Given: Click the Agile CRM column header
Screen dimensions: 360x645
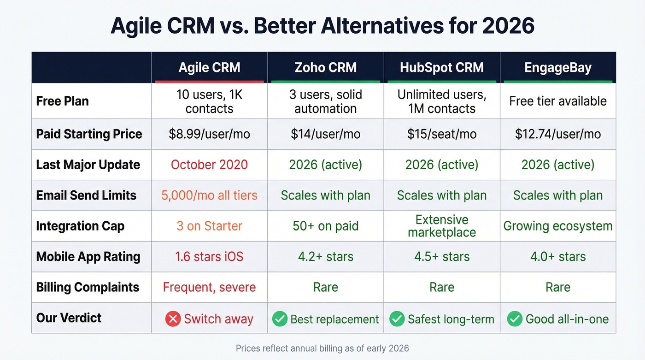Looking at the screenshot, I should tap(209, 68).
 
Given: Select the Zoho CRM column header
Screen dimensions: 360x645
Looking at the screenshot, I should tap(325, 68).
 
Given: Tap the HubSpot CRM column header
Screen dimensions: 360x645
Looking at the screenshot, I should tap(441, 68).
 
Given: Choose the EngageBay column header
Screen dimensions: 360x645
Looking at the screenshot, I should tap(557, 68).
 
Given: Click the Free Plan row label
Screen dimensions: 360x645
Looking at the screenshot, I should tap(63, 101).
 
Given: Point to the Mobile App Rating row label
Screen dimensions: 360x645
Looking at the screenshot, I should tap(88, 256).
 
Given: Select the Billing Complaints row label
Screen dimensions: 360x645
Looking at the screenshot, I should tap(88, 287).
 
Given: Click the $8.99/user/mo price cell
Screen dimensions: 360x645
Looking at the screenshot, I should tap(209, 134).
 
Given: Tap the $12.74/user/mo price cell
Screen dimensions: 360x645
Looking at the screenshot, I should tap(557, 134).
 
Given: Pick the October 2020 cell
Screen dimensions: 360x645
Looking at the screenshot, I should tap(209, 165).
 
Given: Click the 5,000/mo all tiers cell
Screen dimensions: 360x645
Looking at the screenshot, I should tap(209, 195).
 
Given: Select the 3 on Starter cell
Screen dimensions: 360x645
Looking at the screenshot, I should tap(209, 226).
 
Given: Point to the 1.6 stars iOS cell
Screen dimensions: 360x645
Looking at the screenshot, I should tap(209, 256).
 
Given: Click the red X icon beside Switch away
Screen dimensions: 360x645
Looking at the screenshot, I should tap(173, 319).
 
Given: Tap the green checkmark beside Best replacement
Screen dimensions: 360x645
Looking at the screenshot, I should tap(280, 319).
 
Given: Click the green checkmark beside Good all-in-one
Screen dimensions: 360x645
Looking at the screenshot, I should tap(515, 319).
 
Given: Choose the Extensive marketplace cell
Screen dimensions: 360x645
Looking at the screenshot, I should tap(441, 226).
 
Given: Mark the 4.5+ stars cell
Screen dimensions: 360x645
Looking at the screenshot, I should tap(441, 256).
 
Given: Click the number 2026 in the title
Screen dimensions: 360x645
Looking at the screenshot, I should tap(508, 26).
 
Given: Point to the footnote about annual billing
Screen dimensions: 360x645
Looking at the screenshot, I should tap(322, 348).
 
